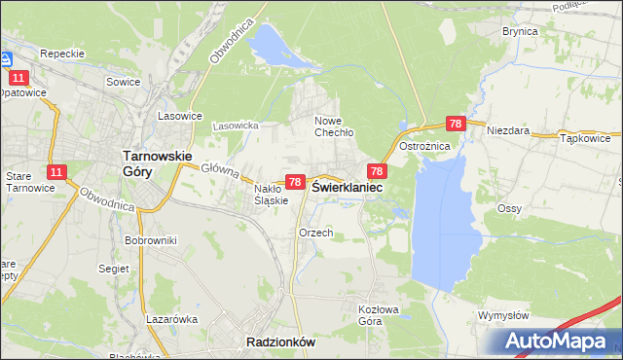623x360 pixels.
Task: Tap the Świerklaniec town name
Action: (347, 187)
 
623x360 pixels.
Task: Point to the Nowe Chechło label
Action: (333, 126)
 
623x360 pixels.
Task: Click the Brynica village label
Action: (520, 31)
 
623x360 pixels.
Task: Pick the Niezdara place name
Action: (508, 129)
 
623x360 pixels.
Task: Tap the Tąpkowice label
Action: (586, 138)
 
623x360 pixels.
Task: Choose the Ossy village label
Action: (510, 209)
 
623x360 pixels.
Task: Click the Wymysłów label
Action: (503, 315)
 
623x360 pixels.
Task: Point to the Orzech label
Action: (316, 233)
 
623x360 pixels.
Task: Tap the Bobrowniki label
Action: (150, 238)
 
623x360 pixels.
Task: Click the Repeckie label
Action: (63, 54)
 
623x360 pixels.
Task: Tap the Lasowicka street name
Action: (235, 126)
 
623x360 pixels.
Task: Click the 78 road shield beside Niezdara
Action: (456, 124)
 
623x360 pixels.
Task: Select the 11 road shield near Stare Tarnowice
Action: (56, 172)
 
